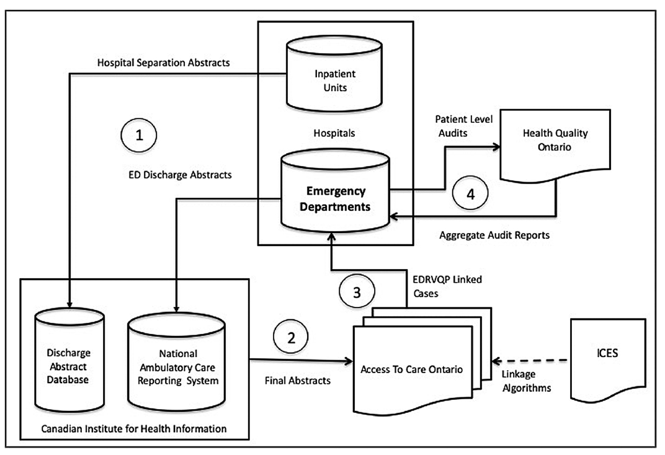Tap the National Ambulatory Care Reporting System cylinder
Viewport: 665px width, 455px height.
pos(176,363)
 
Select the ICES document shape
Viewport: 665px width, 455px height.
pos(608,360)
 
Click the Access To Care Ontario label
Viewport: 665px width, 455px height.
pos(412,370)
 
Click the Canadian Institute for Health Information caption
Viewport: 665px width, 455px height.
pos(135,428)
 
